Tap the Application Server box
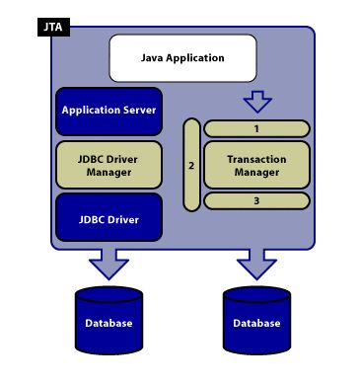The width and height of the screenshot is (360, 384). [109, 111]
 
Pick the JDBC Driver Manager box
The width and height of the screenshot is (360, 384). [109, 165]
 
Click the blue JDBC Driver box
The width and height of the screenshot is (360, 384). [109, 218]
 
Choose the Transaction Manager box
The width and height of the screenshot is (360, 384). [256, 165]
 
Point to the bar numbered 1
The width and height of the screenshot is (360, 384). [256, 128]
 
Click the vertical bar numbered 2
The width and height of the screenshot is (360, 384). [191, 165]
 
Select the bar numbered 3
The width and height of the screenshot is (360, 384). [256, 201]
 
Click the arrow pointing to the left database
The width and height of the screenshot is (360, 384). [108, 262]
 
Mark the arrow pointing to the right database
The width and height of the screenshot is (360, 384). [256, 262]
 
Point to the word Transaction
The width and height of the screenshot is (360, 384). [256, 158]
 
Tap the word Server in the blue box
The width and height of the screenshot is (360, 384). [139, 111]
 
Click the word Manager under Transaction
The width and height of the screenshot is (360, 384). [256, 172]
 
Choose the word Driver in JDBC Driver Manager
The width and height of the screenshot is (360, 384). [123, 158]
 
